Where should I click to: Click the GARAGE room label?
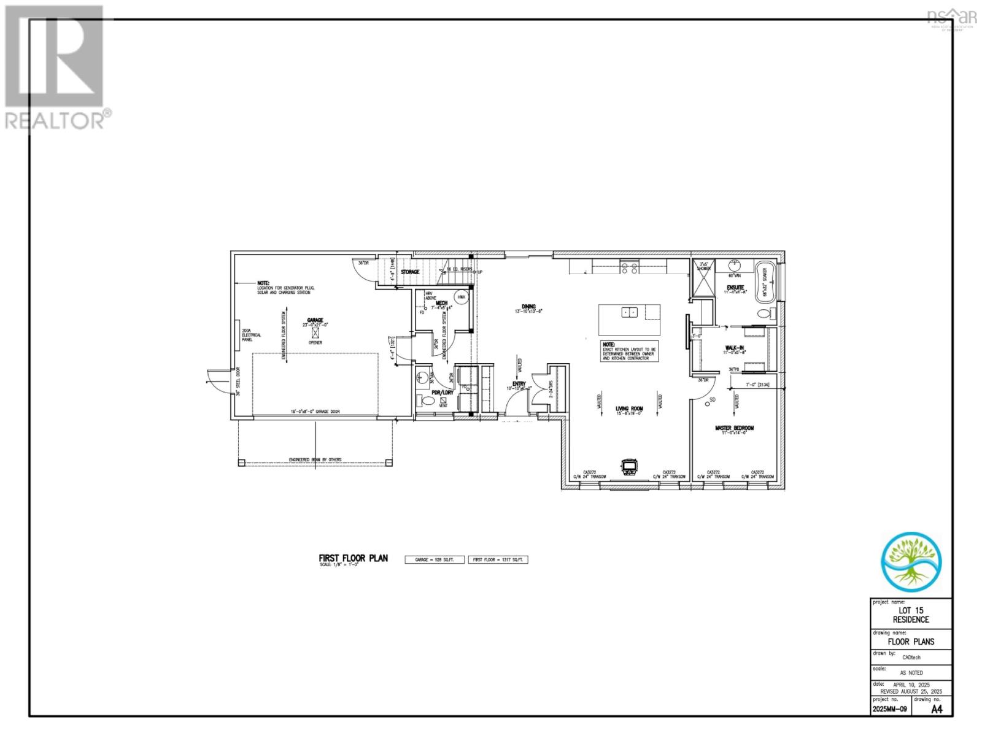(x=315, y=320)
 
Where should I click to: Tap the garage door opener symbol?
(x=316, y=332)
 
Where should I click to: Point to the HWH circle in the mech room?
(x=461, y=297)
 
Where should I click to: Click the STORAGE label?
(x=410, y=272)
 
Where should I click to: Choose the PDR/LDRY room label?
(x=442, y=393)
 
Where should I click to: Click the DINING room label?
(x=528, y=307)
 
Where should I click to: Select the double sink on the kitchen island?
(x=629, y=312)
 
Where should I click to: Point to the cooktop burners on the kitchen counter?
(x=630, y=267)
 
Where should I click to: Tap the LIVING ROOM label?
(x=628, y=409)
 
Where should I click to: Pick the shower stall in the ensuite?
(x=703, y=278)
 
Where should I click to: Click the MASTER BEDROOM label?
(x=734, y=428)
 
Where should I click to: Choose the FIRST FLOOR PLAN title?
(x=353, y=558)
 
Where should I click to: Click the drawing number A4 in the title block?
(x=937, y=710)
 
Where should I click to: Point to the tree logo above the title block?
(x=910, y=559)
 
